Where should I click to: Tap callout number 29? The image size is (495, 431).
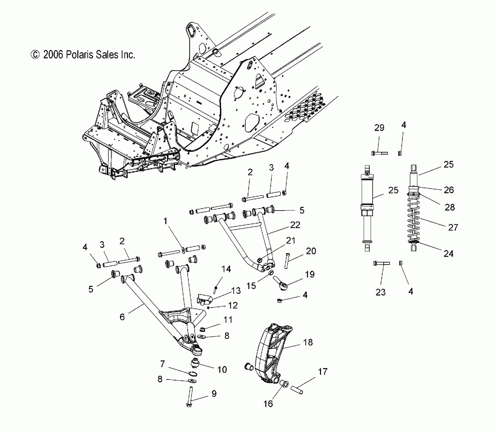379,128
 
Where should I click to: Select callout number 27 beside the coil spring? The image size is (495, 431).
453,227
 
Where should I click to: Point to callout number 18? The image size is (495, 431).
308,342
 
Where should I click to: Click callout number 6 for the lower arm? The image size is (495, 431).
122,317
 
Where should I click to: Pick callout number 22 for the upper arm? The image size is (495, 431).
295,225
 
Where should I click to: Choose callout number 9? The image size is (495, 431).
214,394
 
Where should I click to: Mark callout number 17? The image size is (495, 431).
323,372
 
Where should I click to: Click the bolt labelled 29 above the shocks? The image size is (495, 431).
379,153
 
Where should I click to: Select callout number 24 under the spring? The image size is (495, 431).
448,254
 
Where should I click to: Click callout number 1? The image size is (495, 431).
166,221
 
